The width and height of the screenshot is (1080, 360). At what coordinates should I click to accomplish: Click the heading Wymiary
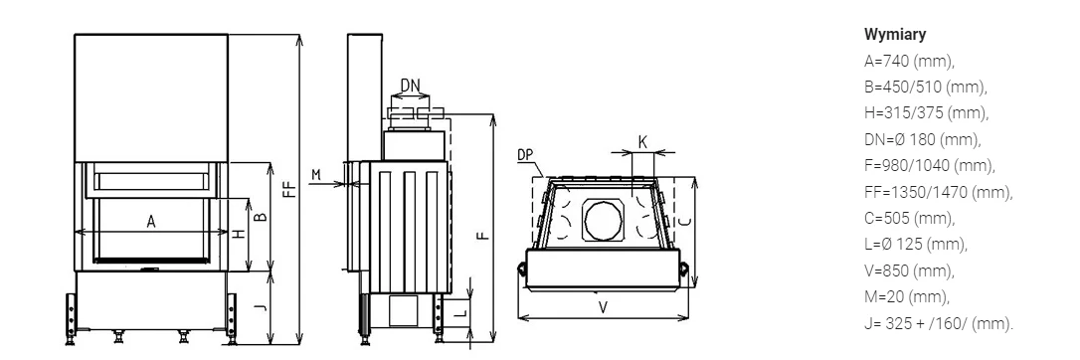tap(895, 35)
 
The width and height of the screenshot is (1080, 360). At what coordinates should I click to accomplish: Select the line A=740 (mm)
tap(909, 62)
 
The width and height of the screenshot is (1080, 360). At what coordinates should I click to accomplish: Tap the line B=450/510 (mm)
tap(926, 88)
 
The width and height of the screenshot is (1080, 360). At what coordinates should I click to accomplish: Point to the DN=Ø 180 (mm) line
tap(922, 140)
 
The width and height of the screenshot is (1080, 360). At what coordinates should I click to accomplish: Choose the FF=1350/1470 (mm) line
tap(939, 192)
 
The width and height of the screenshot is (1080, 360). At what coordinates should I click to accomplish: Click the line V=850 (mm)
tap(909, 270)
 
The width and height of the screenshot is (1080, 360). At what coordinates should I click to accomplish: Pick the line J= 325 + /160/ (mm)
tap(939, 323)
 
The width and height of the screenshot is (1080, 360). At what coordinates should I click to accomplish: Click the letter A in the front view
tap(151, 222)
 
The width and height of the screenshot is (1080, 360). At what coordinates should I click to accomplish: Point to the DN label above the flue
tap(411, 86)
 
